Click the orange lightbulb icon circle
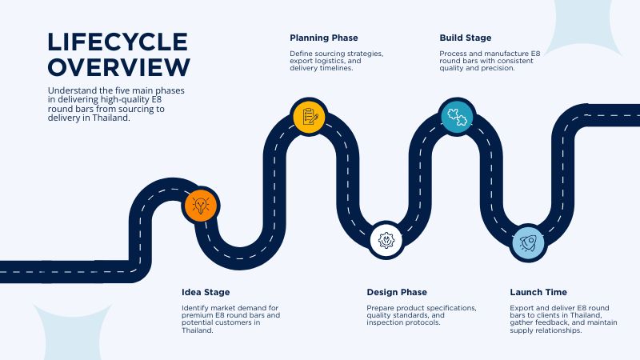[201, 205]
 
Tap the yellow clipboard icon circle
[309, 117]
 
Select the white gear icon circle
[386, 240]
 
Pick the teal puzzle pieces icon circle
[457, 117]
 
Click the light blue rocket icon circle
[528, 243]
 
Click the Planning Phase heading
[324, 38]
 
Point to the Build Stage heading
[466, 38]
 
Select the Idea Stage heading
[206, 292]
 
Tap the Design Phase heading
[397, 292]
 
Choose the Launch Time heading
[538, 292]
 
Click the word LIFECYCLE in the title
[118, 42]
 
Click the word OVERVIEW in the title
[118, 67]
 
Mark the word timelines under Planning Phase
[336, 68]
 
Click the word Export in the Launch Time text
[520, 308]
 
